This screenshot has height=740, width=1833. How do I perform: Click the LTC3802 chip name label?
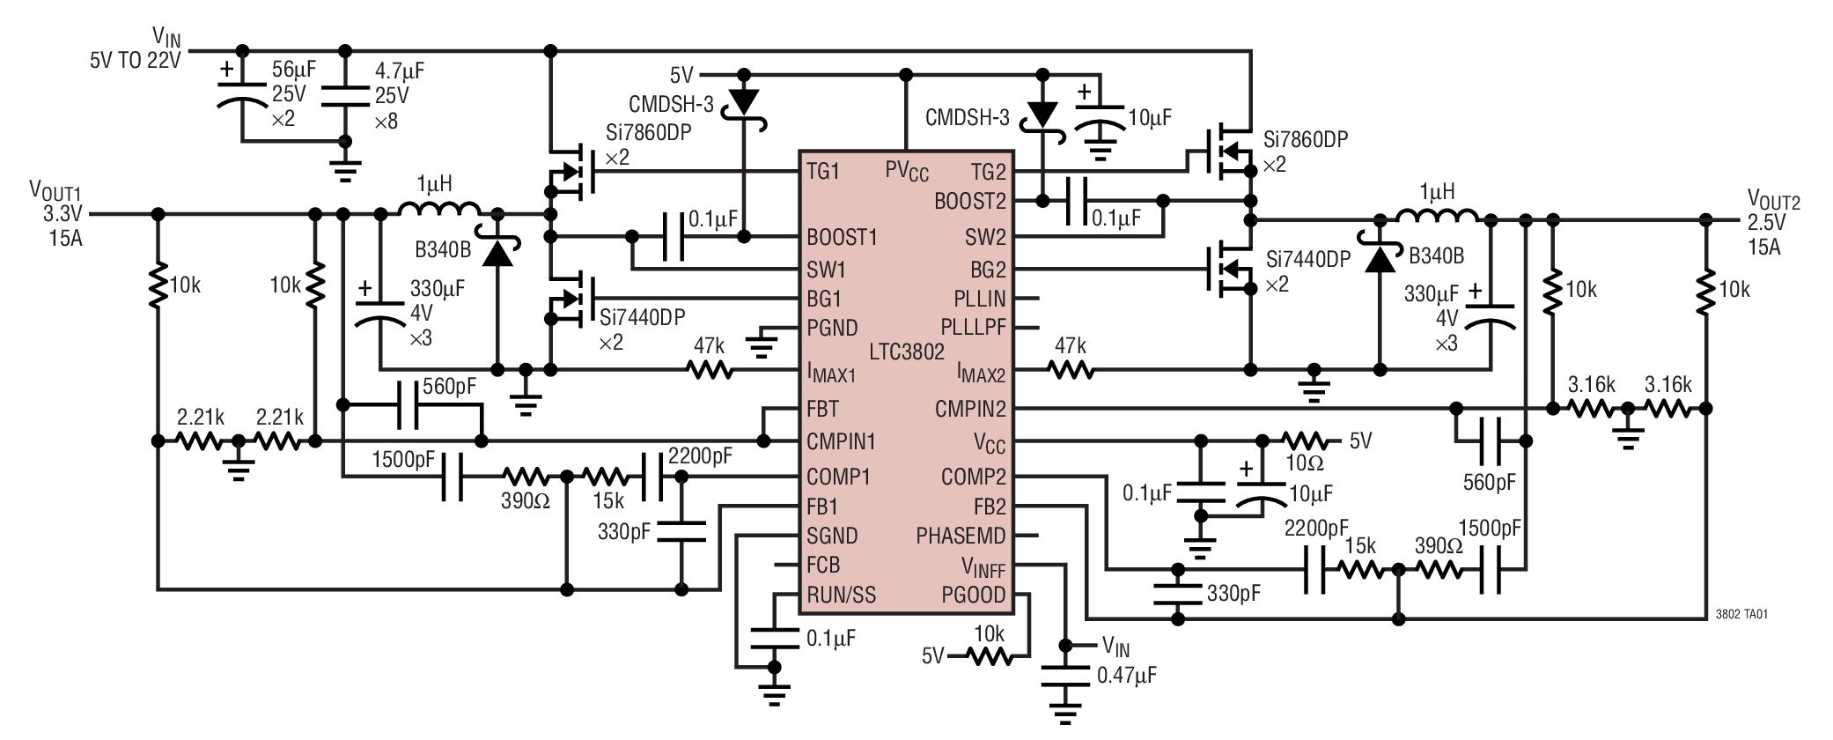pos(906,351)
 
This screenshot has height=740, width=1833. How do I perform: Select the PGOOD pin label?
pos(973,595)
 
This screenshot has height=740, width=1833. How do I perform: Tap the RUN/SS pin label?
pos(841,595)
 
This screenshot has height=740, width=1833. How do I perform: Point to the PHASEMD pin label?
pos(961,536)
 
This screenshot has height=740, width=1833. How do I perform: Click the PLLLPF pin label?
pos(972,327)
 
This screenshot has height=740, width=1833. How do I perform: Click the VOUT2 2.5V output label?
pos(1771,223)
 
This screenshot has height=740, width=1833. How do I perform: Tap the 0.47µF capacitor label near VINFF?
pos(1126,676)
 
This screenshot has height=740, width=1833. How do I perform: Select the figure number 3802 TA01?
pos(1741,615)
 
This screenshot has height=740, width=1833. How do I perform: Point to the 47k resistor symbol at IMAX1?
pos(710,371)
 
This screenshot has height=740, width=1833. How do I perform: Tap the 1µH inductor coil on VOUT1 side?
pos(438,210)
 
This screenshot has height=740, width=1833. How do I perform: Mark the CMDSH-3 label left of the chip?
pos(671,104)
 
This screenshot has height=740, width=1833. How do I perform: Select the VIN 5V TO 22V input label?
pos(136,48)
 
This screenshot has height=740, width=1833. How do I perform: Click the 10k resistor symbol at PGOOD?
pos(989,655)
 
